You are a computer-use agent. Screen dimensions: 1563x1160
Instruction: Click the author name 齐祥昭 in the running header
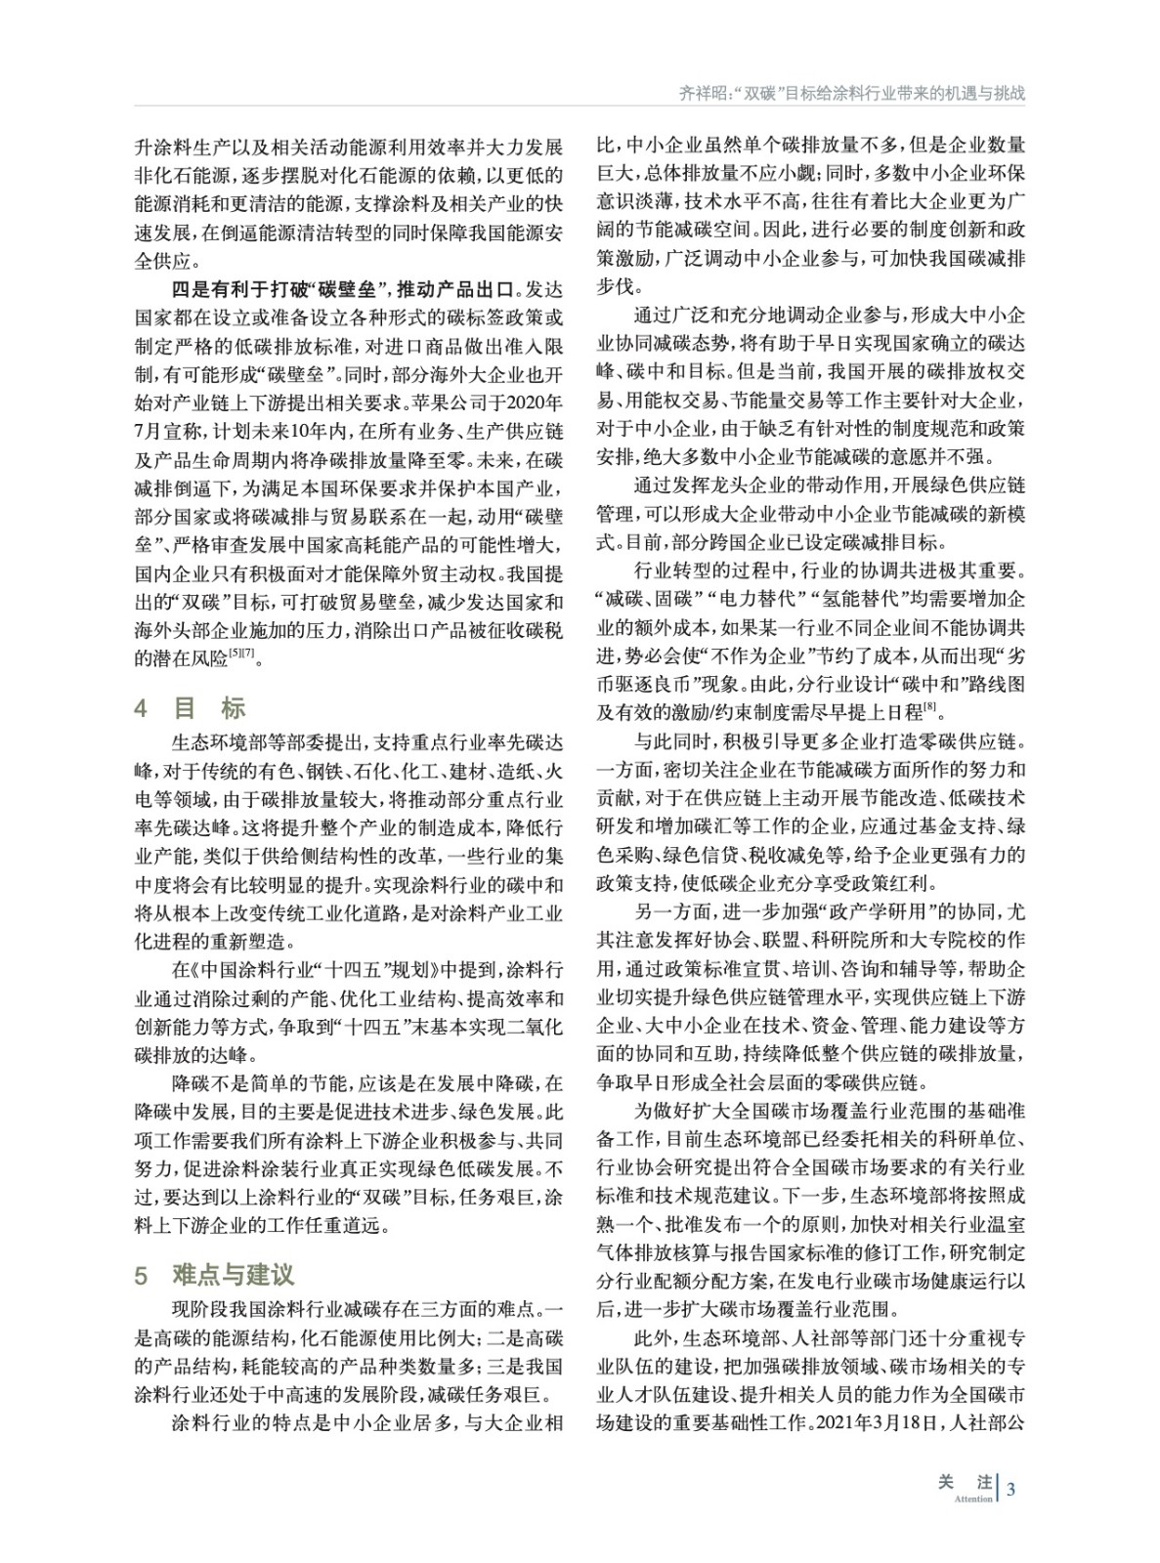point(702,94)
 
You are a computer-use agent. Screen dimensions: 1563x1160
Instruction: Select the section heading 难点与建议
point(233,1275)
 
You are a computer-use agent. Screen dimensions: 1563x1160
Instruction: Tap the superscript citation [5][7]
point(242,655)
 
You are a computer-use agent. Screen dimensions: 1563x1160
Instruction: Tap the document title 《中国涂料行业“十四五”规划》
point(313,971)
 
